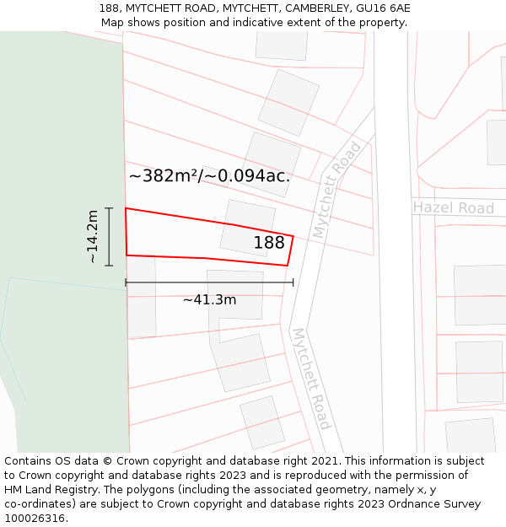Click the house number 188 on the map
pyautogui.click(x=269, y=243)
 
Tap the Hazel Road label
pyautogui.click(x=453, y=207)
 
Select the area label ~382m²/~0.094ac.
pyautogui.click(x=209, y=176)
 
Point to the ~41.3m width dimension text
pyautogui.click(x=209, y=299)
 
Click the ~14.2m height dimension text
pyautogui.click(x=92, y=237)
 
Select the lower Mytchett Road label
pyautogui.click(x=310, y=379)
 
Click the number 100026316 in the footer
pyautogui.click(x=36, y=519)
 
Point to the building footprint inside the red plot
pyautogui.click(x=247, y=227)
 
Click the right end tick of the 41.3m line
pyautogui.click(x=293, y=282)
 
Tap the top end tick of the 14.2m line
pyautogui.click(x=109, y=207)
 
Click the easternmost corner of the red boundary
pyautogui.click(x=293, y=236)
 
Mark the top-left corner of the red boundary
pyautogui.click(x=126, y=208)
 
